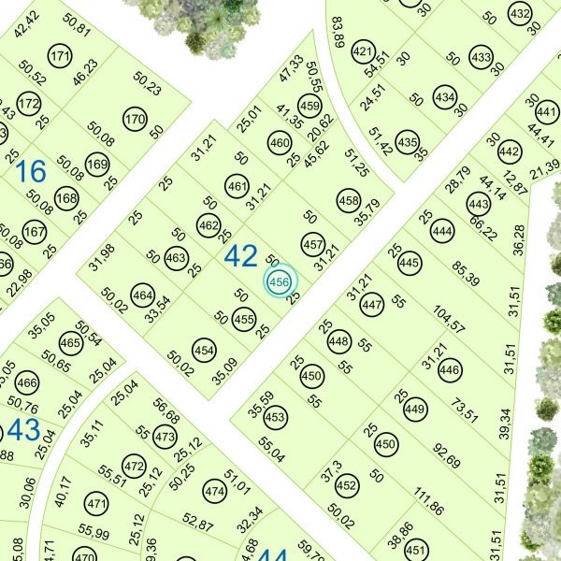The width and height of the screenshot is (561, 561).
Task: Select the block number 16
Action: pyautogui.click(x=30, y=171)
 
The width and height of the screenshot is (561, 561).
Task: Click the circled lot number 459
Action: pyautogui.click(x=309, y=106)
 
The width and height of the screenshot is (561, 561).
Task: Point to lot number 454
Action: pyautogui.click(x=205, y=350)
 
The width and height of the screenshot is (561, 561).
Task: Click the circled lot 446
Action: pyautogui.click(x=449, y=370)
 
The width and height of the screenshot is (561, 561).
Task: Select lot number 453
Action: pyautogui.click(x=276, y=417)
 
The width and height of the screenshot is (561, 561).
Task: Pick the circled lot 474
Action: pyautogui.click(x=215, y=492)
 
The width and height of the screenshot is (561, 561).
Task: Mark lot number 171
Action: pyautogui.click(x=61, y=56)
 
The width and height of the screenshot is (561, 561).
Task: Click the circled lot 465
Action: pyautogui.click(x=70, y=343)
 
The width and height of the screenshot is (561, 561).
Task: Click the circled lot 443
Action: pyautogui.click(x=479, y=205)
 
